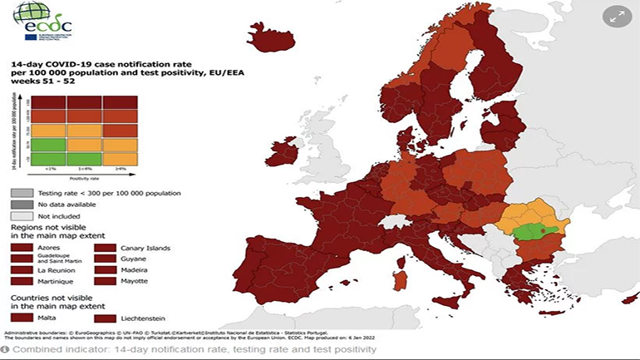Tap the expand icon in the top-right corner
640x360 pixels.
click(x=617, y=17)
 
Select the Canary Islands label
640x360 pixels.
click(x=145, y=248)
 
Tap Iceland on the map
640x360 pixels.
click(x=271, y=39)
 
